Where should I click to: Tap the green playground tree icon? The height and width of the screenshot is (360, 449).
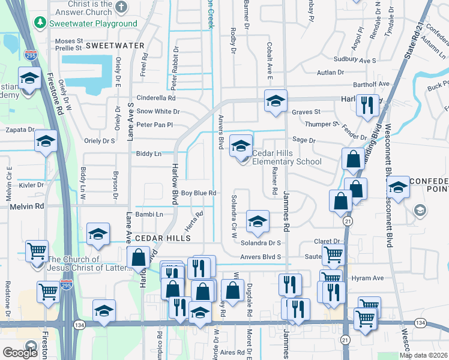(40, 23)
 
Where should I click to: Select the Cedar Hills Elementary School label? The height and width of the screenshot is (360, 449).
(287, 157)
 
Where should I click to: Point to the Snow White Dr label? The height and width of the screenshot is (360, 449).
(158, 111)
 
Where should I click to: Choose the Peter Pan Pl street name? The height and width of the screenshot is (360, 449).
(154, 125)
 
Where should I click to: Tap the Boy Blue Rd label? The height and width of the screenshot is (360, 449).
(198, 193)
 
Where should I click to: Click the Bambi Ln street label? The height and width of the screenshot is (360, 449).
(149, 214)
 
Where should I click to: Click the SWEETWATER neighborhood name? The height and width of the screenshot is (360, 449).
(115, 46)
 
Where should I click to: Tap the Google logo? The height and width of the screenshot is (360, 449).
(20, 352)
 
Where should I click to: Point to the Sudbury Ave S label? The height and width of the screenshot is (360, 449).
(355, 61)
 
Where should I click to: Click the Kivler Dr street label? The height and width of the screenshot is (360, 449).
(31, 185)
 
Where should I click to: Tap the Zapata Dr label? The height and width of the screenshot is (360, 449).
(18, 130)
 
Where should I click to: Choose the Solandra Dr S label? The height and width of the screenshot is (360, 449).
(261, 243)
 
